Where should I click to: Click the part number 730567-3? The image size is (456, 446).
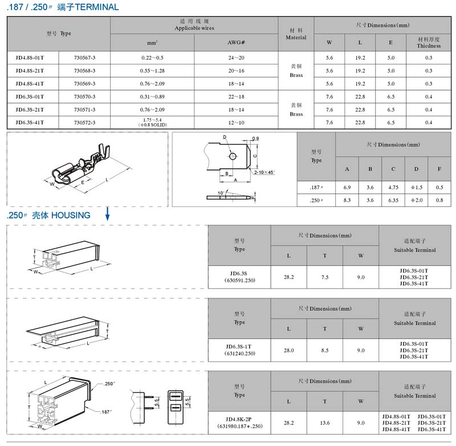[84, 58]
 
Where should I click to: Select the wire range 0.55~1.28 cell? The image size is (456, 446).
[152, 71]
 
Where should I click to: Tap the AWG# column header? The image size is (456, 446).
[236, 42]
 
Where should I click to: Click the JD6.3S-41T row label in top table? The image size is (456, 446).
[30, 123]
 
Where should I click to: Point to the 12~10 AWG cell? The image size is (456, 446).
[236, 123]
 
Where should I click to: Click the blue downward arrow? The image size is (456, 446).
[107, 213]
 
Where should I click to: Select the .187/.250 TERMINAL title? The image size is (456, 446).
[63, 7]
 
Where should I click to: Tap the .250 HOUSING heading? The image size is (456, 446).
[48, 215]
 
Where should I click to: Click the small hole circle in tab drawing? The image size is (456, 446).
[233, 156]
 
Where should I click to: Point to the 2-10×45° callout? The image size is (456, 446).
[264, 172]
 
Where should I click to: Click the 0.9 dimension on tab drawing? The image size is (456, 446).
[255, 139]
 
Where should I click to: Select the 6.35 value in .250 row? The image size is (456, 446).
[393, 200]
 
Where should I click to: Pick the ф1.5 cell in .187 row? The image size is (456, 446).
[417, 188]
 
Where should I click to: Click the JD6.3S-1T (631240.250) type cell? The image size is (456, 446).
[239, 350]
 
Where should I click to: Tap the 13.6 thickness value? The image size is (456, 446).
[325, 423]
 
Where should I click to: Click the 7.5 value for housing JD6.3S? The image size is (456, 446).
[325, 277]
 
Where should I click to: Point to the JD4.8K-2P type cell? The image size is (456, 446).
[239, 423]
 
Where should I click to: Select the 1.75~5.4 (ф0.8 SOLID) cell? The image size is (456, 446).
[152, 123]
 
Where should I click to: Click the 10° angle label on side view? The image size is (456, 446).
[221, 193]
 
